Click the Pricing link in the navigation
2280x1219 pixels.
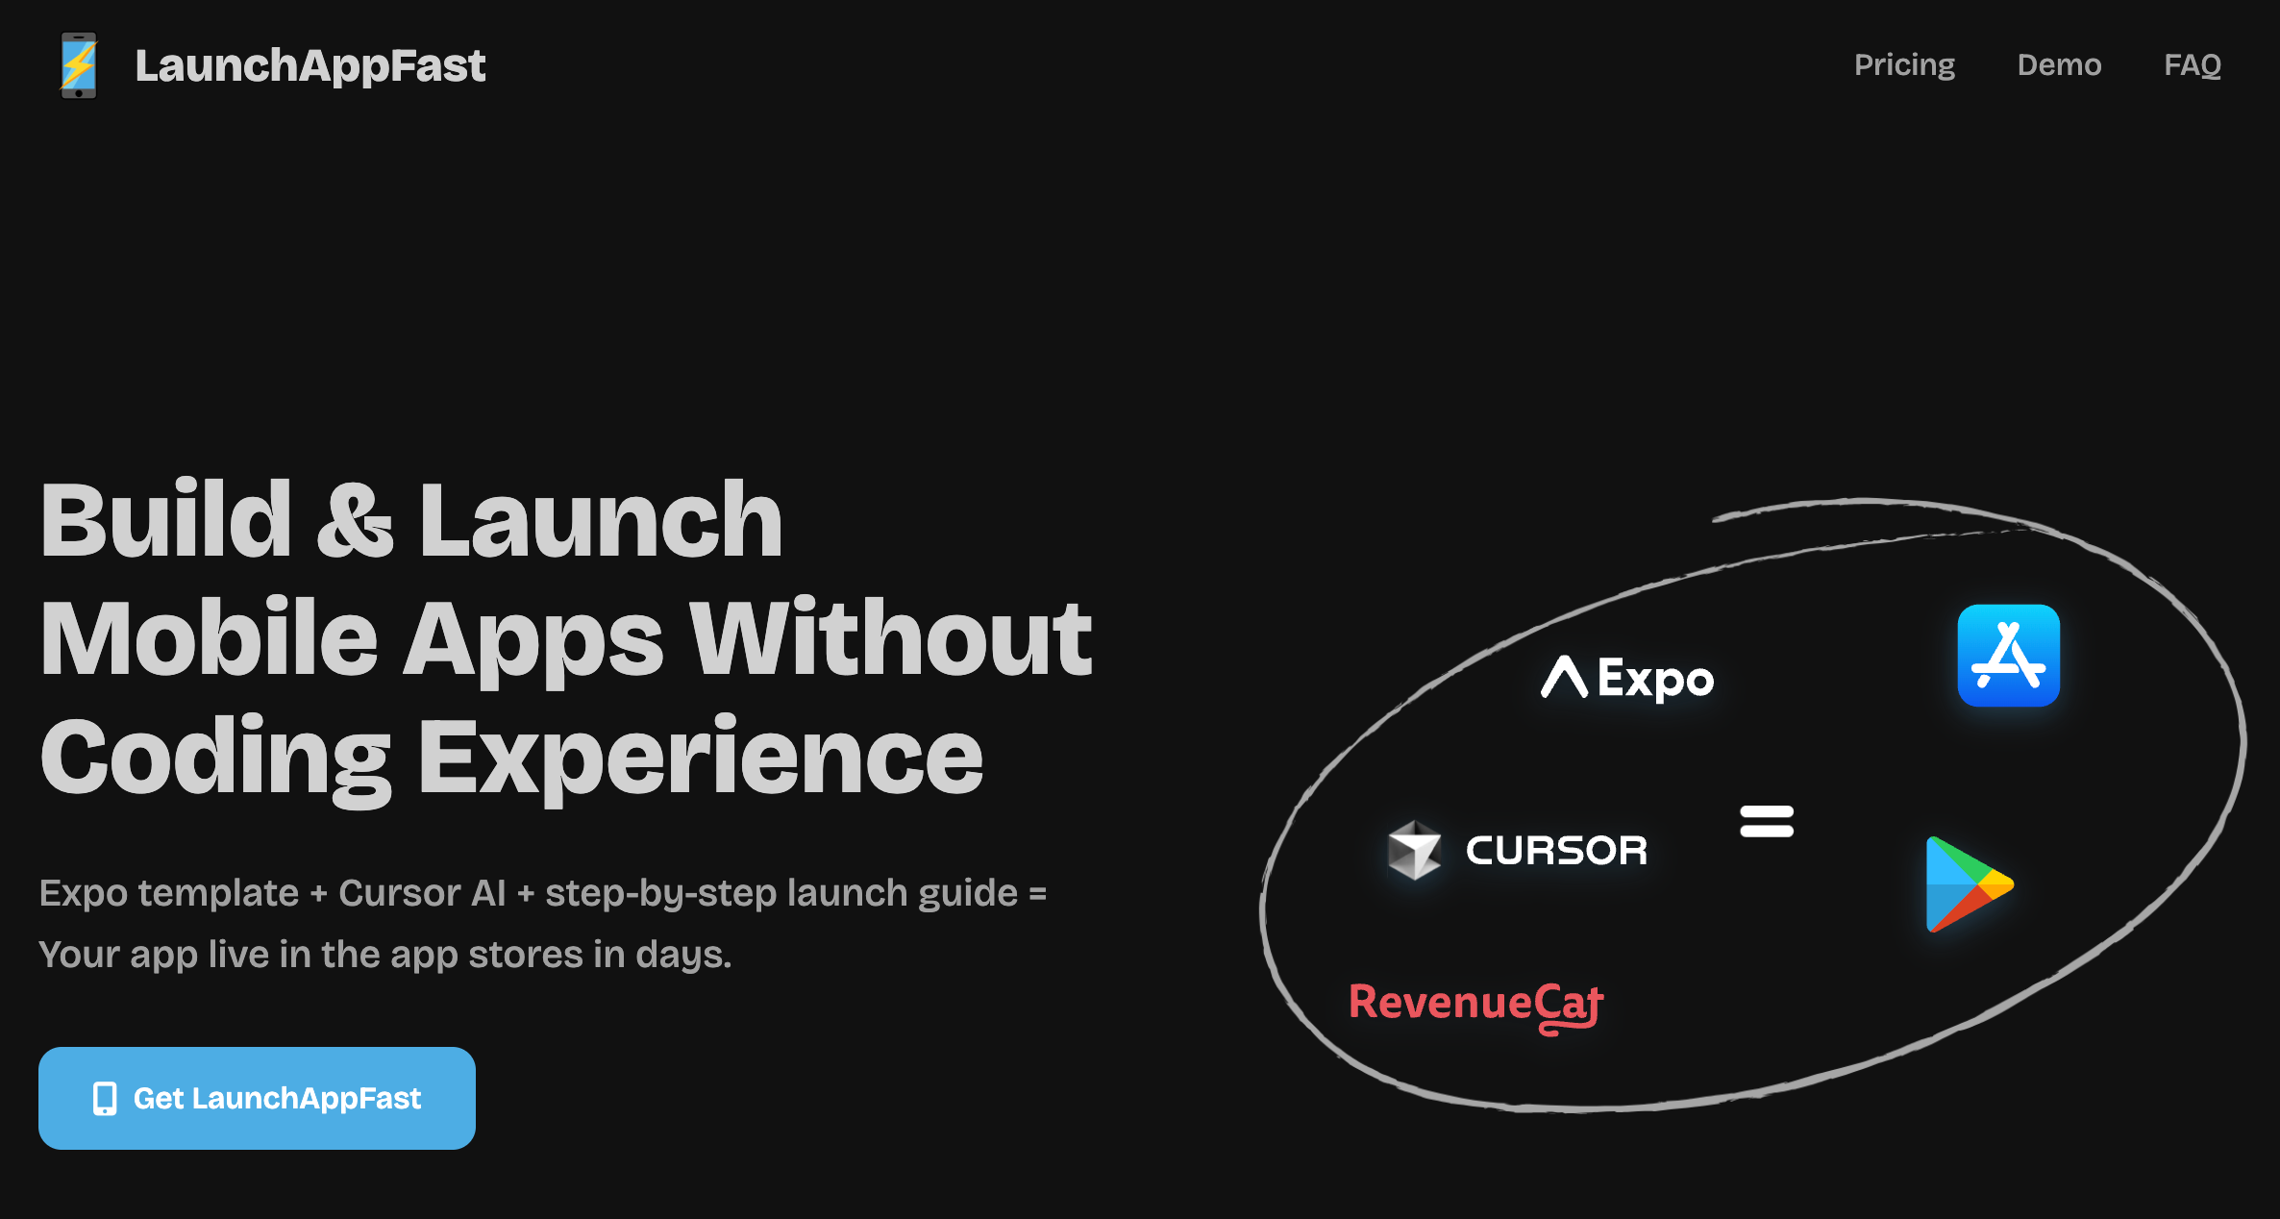click(x=1904, y=65)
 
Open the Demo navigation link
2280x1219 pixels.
click(x=2059, y=65)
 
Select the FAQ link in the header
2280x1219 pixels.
click(x=2193, y=65)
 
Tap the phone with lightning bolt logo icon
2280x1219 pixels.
click(x=79, y=65)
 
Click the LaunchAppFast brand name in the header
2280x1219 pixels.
click(x=310, y=65)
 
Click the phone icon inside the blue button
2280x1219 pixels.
click(x=105, y=1098)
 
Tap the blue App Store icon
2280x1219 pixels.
click(x=2009, y=656)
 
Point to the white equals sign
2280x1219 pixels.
click(x=1767, y=822)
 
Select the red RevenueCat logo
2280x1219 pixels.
click(x=1475, y=1005)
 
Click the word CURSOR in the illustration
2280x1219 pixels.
click(x=1556, y=851)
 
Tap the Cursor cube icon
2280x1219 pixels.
click(x=1414, y=850)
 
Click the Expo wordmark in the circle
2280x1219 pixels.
click(x=1655, y=680)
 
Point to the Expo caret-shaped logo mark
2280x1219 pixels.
click(x=1564, y=677)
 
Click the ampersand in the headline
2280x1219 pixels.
click(x=355, y=520)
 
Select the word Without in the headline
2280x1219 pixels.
click(x=891, y=638)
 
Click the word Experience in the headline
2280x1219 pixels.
click(x=701, y=759)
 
